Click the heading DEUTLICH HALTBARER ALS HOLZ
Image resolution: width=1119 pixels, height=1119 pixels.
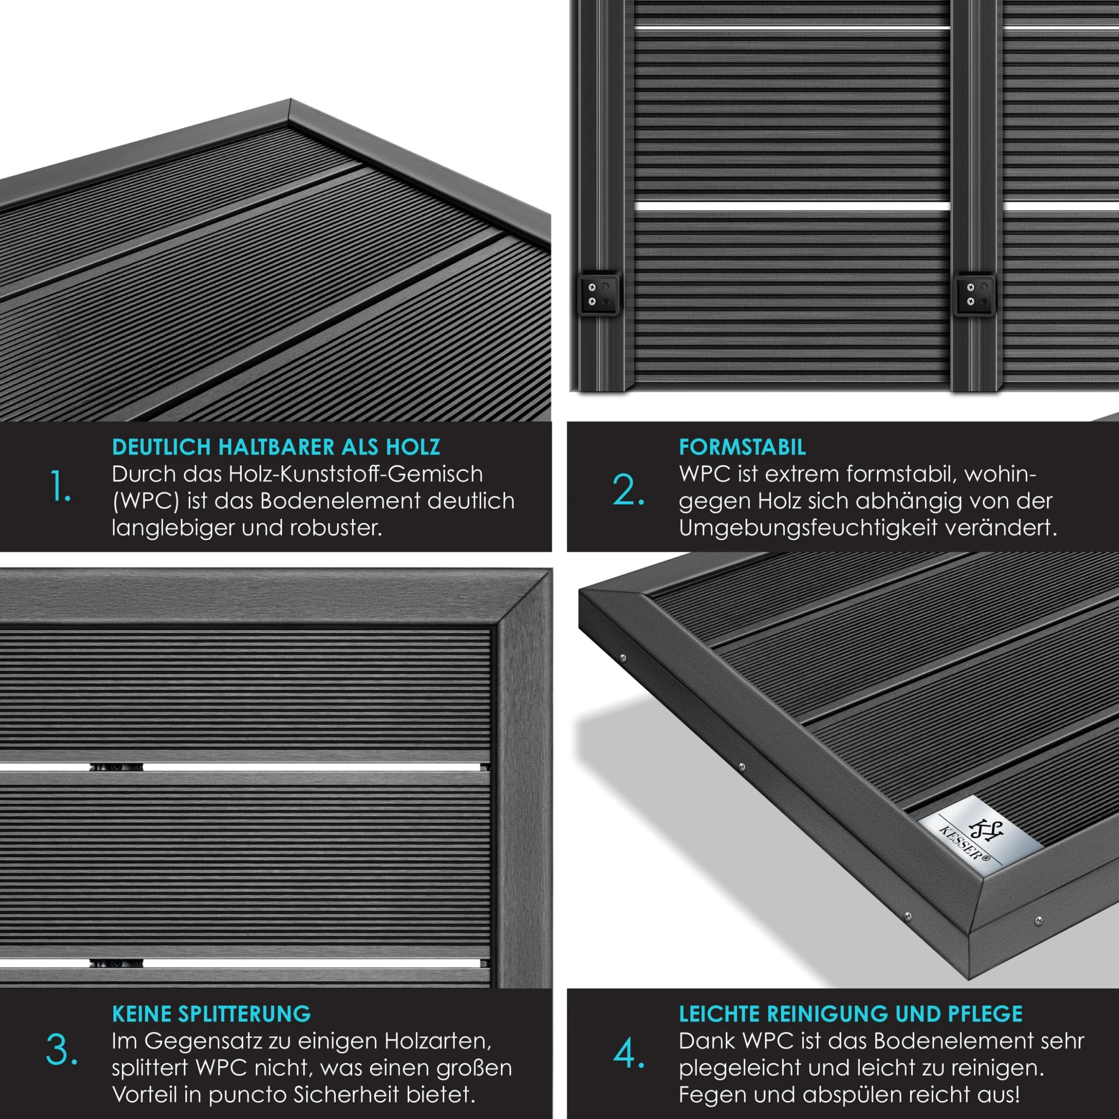[276, 447]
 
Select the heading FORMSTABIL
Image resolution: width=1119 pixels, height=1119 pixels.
[742, 447]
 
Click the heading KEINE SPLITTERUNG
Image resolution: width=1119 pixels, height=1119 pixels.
[211, 1014]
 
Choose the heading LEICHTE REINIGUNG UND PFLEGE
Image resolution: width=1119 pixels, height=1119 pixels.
[851, 1014]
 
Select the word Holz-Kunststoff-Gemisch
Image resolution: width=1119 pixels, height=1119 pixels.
[355, 474]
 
